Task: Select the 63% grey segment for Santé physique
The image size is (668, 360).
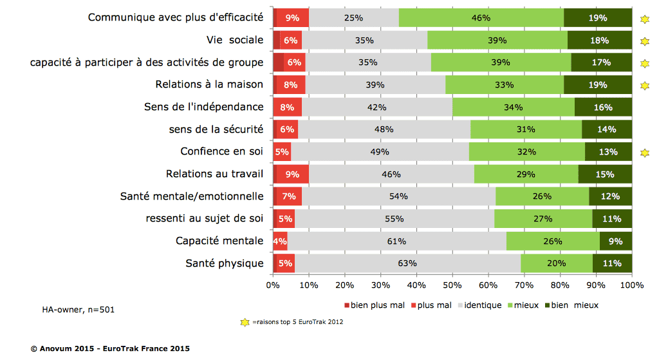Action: [x=407, y=263]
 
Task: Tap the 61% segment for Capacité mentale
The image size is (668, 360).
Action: [x=396, y=241]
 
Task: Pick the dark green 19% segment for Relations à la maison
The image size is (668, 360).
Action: [x=597, y=84]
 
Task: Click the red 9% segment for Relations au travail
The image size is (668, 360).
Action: [x=293, y=174]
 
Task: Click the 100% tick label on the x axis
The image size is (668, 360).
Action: [x=632, y=284]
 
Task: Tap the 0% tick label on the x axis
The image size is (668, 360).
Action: [x=274, y=284]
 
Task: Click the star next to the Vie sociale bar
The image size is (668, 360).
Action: [x=645, y=42]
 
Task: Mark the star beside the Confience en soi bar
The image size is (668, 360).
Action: [x=645, y=153]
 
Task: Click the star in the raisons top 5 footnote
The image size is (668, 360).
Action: [x=245, y=323]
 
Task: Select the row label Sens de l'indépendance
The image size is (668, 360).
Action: [x=203, y=107]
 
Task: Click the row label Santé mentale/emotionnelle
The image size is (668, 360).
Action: [x=192, y=196]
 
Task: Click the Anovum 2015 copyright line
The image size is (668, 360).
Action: [x=110, y=348]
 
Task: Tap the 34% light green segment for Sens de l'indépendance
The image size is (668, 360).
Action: [x=514, y=107]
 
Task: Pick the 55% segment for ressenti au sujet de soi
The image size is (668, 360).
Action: [x=394, y=218]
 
